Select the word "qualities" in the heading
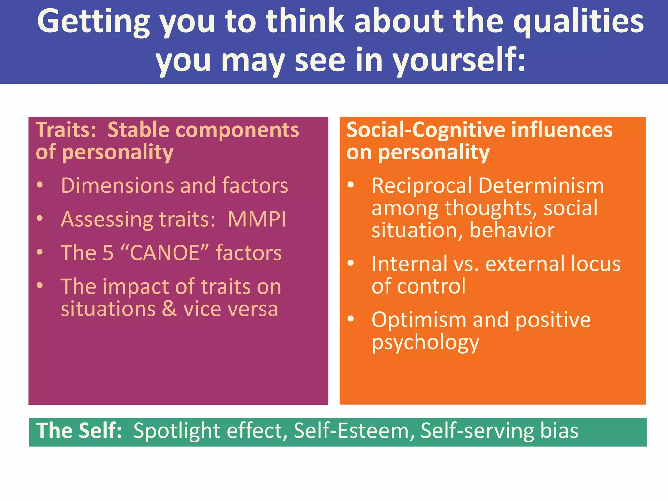point(578,22)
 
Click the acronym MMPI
point(257,219)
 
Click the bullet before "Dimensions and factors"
point(40,185)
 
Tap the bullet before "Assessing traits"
point(40,219)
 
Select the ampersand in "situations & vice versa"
point(169,309)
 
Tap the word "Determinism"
point(541,186)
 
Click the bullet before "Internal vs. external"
point(351,263)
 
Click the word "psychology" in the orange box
point(425,342)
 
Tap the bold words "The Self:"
point(79,431)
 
